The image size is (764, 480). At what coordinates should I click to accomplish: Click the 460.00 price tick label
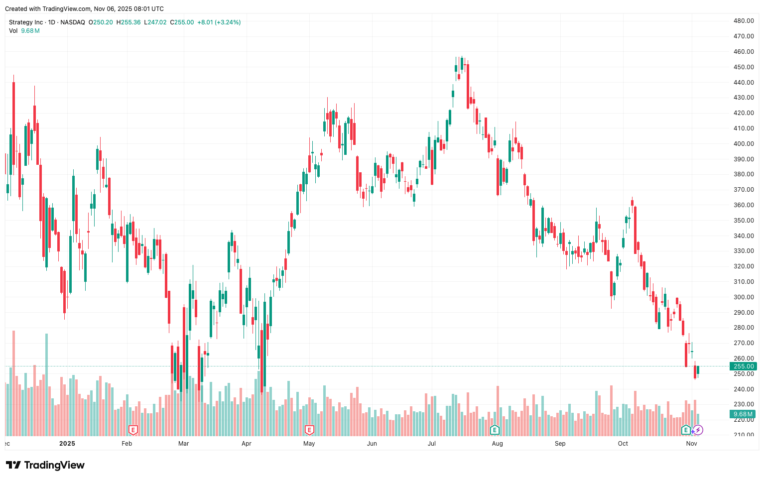743,52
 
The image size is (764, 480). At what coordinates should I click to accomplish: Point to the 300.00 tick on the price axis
743,297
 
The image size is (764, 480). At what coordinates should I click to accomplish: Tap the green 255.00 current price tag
743,366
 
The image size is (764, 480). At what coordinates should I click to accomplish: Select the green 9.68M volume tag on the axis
743,414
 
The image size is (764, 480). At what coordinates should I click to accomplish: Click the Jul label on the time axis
431,444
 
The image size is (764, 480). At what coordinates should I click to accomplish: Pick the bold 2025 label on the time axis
67,444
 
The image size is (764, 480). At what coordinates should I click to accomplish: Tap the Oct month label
623,444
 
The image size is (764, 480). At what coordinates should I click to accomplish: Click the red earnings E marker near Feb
133,430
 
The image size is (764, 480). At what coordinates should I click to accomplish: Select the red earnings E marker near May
309,430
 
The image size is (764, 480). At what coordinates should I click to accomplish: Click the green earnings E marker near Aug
495,430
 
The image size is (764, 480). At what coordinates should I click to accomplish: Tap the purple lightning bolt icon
698,430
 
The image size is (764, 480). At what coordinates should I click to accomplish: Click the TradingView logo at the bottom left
45,465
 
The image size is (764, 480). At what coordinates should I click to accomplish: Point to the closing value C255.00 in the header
182,22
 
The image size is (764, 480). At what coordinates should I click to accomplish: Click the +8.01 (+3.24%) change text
219,22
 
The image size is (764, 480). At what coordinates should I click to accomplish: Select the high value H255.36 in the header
128,22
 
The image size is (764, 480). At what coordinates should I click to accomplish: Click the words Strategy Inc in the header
26,22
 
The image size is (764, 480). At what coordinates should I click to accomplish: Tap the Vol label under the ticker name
13,31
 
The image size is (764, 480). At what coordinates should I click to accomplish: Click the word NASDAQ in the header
73,22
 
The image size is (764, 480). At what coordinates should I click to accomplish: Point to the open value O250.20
101,22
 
